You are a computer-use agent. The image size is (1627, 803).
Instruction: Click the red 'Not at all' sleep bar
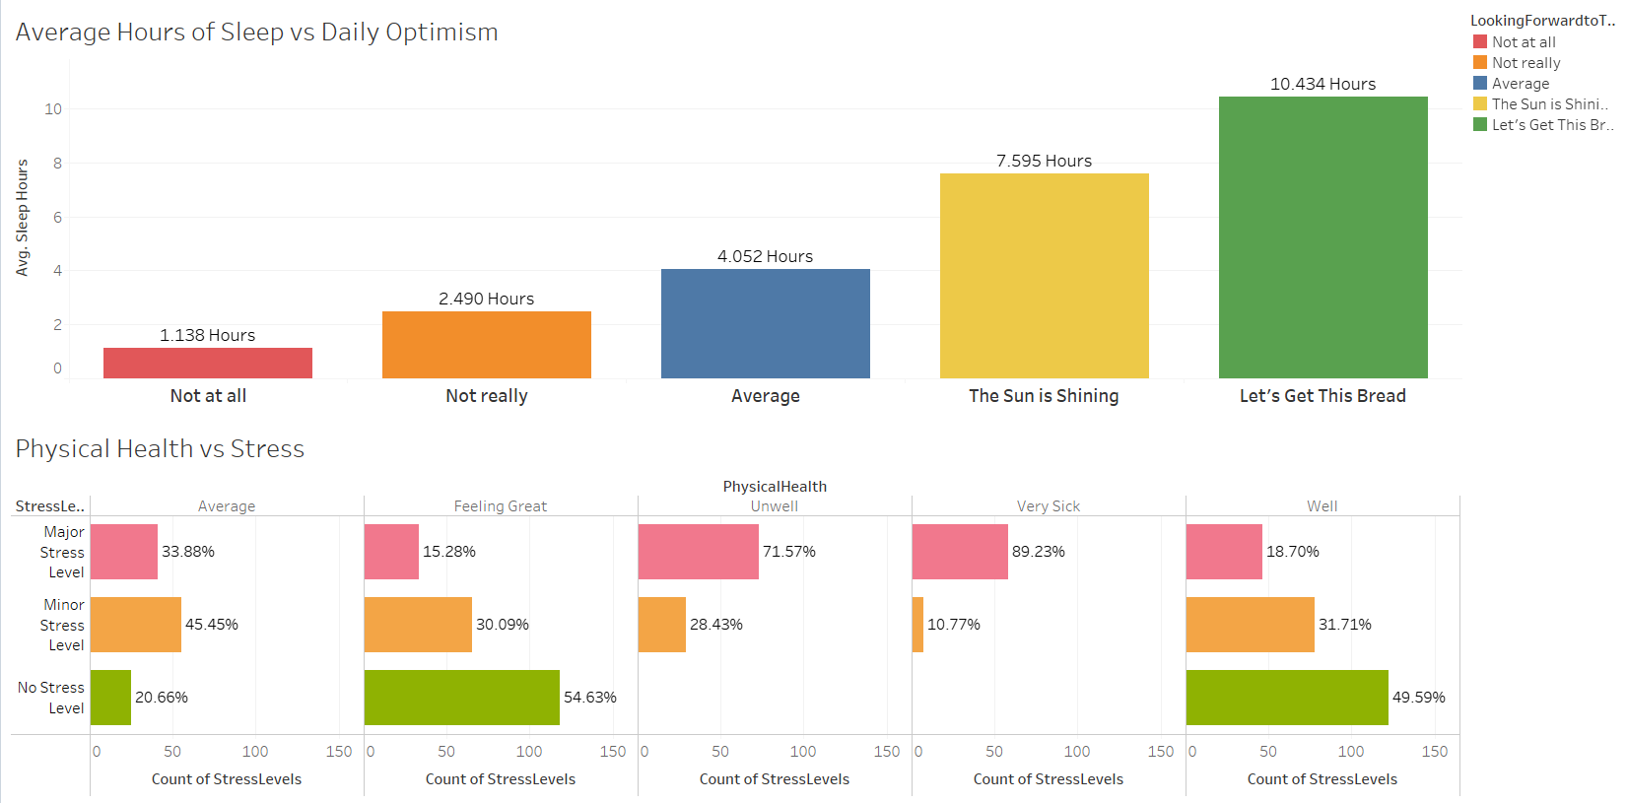coord(208,363)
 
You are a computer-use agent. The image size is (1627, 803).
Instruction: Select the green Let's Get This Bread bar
coord(1322,237)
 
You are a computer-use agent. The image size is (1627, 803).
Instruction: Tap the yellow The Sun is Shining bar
coord(1044,276)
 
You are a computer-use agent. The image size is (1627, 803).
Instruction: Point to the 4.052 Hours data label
coord(765,256)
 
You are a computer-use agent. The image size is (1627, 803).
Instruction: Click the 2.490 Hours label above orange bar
coord(486,299)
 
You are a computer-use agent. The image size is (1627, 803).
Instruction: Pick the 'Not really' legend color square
coord(1479,62)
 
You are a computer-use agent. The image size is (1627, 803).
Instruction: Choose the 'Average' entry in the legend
coord(1520,84)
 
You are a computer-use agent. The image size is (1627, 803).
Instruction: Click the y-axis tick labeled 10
coord(53,109)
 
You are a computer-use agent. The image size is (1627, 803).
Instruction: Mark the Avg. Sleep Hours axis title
coord(22,218)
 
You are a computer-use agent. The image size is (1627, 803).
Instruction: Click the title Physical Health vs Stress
coord(160,449)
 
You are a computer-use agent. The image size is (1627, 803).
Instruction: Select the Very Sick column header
coord(1048,506)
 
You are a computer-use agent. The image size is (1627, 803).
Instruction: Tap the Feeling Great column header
coord(500,506)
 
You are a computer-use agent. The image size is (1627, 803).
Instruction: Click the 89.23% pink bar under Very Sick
coord(960,552)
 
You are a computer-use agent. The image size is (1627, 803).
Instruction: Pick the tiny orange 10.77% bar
coord(917,625)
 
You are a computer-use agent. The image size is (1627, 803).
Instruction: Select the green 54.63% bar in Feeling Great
coord(461,698)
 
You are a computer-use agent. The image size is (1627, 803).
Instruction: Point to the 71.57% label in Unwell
coord(788,552)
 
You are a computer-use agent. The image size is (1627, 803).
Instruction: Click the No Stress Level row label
coord(51,698)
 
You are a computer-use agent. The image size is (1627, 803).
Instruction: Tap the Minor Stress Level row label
coord(62,625)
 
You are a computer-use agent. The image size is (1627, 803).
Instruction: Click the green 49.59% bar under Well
coord(1286,698)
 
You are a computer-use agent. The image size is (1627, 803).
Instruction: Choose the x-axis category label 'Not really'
coord(486,396)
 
